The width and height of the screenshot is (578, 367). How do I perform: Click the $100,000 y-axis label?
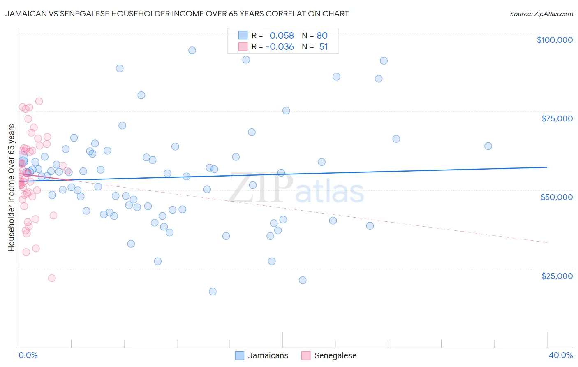(554, 40)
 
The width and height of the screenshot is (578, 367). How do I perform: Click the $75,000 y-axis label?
(557, 118)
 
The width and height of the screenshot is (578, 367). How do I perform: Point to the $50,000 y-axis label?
(556, 197)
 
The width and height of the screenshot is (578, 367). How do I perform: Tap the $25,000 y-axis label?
(557, 276)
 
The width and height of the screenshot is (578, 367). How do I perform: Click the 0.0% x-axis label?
(28, 355)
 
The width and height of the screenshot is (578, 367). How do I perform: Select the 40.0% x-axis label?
(560, 355)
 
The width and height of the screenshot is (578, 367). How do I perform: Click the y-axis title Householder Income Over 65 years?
(11, 188)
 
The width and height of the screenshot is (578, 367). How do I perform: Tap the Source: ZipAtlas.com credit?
(541, 14)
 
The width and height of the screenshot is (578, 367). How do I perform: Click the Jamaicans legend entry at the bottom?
(268, 355)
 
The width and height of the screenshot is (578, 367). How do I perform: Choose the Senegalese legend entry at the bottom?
(335, 355)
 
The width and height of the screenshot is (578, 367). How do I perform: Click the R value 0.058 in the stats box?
(282, 35)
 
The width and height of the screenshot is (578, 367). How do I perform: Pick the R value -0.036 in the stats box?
(280, 46)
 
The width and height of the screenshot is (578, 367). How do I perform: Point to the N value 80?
(322, 35)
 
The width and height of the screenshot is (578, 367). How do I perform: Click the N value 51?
(324, 46)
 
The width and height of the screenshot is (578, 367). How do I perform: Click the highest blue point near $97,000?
(192, 51)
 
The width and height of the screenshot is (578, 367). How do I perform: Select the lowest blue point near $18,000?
(213, 292)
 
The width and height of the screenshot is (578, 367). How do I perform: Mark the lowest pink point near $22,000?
(52, 278)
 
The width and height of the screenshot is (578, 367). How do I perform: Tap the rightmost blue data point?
(488, 146)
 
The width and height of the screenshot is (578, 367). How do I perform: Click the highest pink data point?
(39, 101)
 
